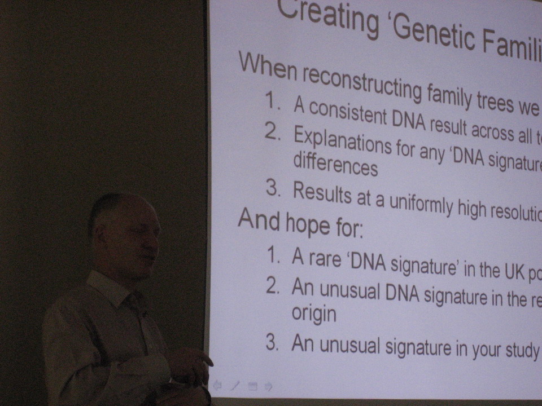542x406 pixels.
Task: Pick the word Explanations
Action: click(342, 140)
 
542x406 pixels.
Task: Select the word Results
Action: click(322, 193)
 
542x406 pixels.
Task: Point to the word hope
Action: click(308, 224)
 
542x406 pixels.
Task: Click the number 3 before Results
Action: click(273, 188)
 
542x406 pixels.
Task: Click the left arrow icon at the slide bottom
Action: click(217, 385)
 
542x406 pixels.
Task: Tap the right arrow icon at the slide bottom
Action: click(268, 386)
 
